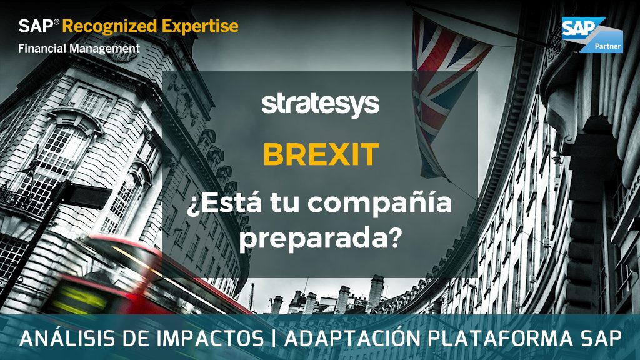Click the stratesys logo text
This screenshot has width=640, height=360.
point(321,105)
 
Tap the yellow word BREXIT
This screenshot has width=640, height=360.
point(321,154)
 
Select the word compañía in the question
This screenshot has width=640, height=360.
point(379,204)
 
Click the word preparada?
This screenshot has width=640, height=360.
point(319,239)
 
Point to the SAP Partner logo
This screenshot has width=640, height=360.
point(592,35)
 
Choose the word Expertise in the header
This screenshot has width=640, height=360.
point(200,26)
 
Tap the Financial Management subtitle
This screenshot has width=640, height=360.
point(79,49)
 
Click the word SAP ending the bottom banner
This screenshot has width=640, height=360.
point(599,339)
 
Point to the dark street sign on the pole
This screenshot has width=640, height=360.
point(90,195)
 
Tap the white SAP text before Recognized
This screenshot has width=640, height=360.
point(36,26)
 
